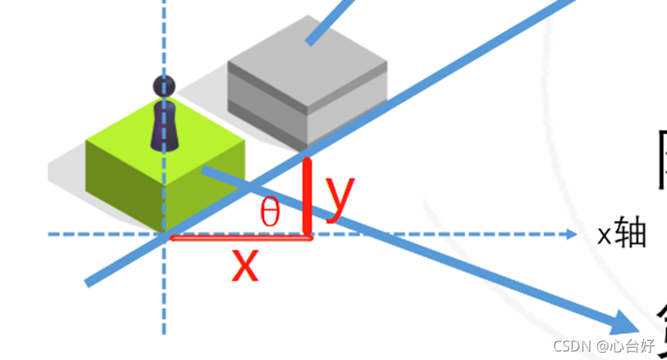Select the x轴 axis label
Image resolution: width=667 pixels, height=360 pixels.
click(x=621, y=234)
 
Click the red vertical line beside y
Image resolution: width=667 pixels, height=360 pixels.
click(x=308, y=197)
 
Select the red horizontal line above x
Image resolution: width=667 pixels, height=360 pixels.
click(x=239, y=238)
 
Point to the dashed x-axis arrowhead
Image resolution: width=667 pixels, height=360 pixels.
click(x=571, y=234)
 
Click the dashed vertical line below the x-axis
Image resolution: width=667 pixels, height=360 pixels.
click(x=164, y=294)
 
